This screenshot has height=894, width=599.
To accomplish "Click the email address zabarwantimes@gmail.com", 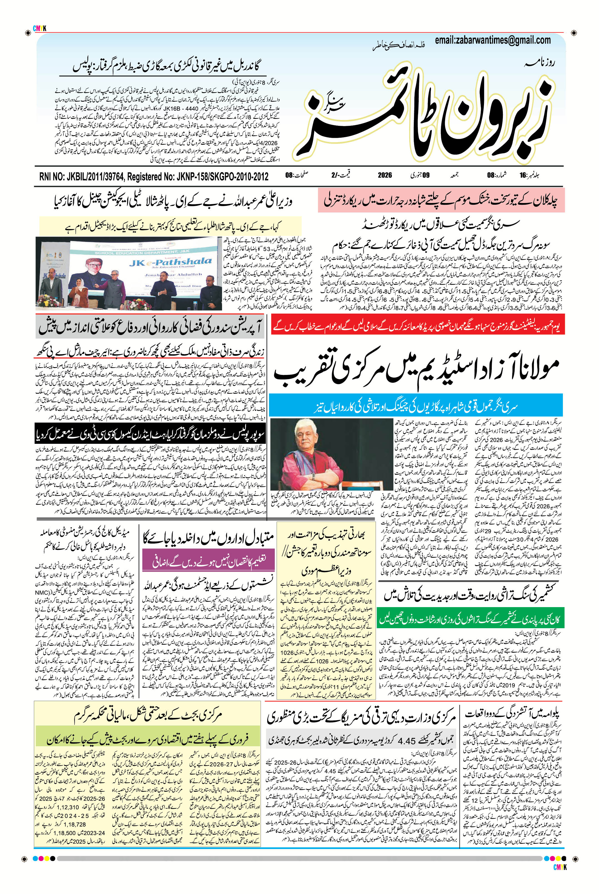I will pyautogui.click(x=493, y=41).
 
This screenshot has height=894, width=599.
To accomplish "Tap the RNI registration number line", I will pyautogui.click(x=154, y=176).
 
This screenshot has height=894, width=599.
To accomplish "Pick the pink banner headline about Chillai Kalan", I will pyautogui.click(x=441, y=201).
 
